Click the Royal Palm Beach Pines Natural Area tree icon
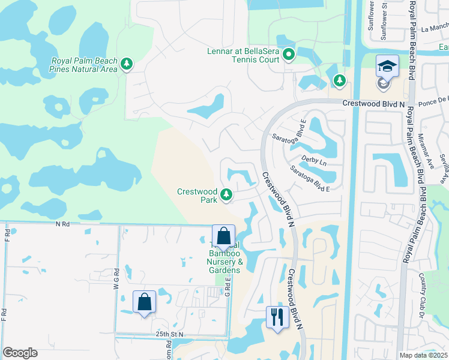click(126, 64)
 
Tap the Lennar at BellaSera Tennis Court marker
click(289, 55)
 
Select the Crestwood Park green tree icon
click(226, 194)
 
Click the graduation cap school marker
click(387, 66)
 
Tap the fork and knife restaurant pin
click(277, 316)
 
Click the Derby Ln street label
click(313, 163)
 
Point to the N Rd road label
click(62, 224)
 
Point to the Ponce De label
click(434, 101)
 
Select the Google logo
click(20, 353)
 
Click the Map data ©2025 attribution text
click(424, 355)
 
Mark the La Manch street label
click(435, 28)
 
